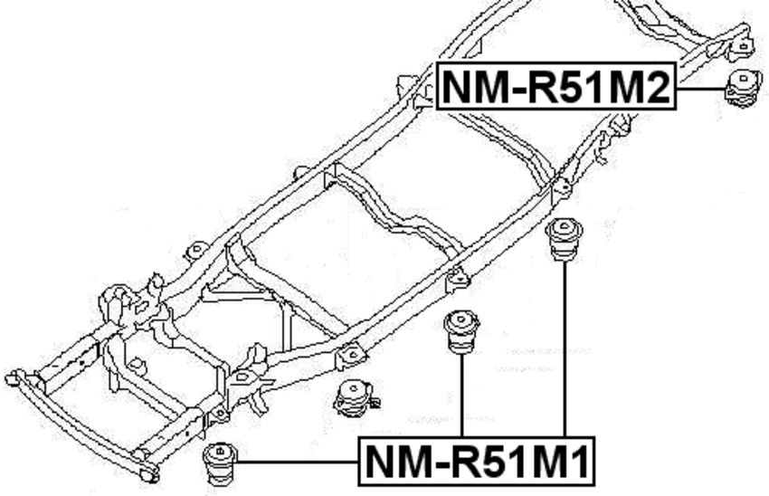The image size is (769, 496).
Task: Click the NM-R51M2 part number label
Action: click(x=556, y=88)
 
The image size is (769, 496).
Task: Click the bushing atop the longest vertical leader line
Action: click(x=565, y=240)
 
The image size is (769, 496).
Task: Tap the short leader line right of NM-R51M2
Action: click(x=701, y=89)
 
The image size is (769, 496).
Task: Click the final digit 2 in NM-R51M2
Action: click(x=658, y=89)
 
